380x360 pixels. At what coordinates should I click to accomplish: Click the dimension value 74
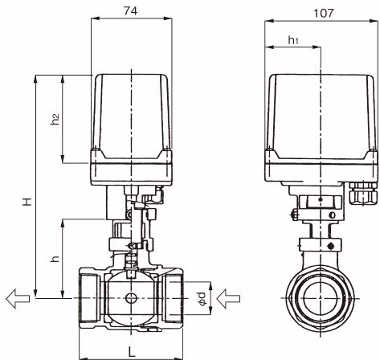[131, 10]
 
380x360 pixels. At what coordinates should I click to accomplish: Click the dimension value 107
[324, 13]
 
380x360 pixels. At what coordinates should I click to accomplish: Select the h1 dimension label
[293, 40]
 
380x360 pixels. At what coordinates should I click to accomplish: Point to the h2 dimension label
[55, 119]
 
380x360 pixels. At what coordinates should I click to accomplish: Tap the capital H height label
[27, 202]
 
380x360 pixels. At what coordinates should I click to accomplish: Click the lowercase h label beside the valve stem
[55, 259]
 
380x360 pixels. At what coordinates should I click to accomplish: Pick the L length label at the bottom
[131, 352]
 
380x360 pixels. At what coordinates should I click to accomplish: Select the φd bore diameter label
[202, 298]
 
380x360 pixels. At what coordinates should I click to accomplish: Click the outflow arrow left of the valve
[18, 298]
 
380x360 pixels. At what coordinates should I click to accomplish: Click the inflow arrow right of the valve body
[228, 298]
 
